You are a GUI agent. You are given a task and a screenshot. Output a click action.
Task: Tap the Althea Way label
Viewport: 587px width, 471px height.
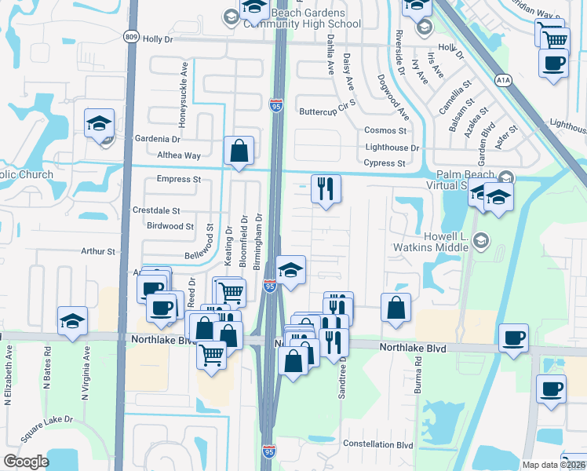point(179,155)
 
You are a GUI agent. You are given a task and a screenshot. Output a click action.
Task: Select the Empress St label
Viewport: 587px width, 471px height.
point(179,180)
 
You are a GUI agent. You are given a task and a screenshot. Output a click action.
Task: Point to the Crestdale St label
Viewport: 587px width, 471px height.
point(156,211)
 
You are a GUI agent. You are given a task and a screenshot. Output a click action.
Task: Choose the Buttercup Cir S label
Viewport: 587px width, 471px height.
point(327,111)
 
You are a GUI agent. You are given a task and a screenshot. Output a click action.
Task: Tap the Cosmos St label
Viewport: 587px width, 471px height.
point(385,130)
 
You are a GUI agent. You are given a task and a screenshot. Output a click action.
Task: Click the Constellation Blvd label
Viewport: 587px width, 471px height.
point(383,445)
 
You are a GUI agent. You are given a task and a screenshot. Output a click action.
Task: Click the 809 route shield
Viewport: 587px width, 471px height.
point(132,36)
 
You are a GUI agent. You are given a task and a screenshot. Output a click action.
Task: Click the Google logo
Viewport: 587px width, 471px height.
point(26,462)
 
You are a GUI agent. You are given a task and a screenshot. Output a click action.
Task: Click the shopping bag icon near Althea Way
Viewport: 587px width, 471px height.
point(239,151)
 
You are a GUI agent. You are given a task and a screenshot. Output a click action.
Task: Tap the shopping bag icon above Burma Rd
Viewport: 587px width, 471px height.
point(396,308)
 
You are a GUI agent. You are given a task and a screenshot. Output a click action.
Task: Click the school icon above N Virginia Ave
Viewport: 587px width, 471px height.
point(72,321)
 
